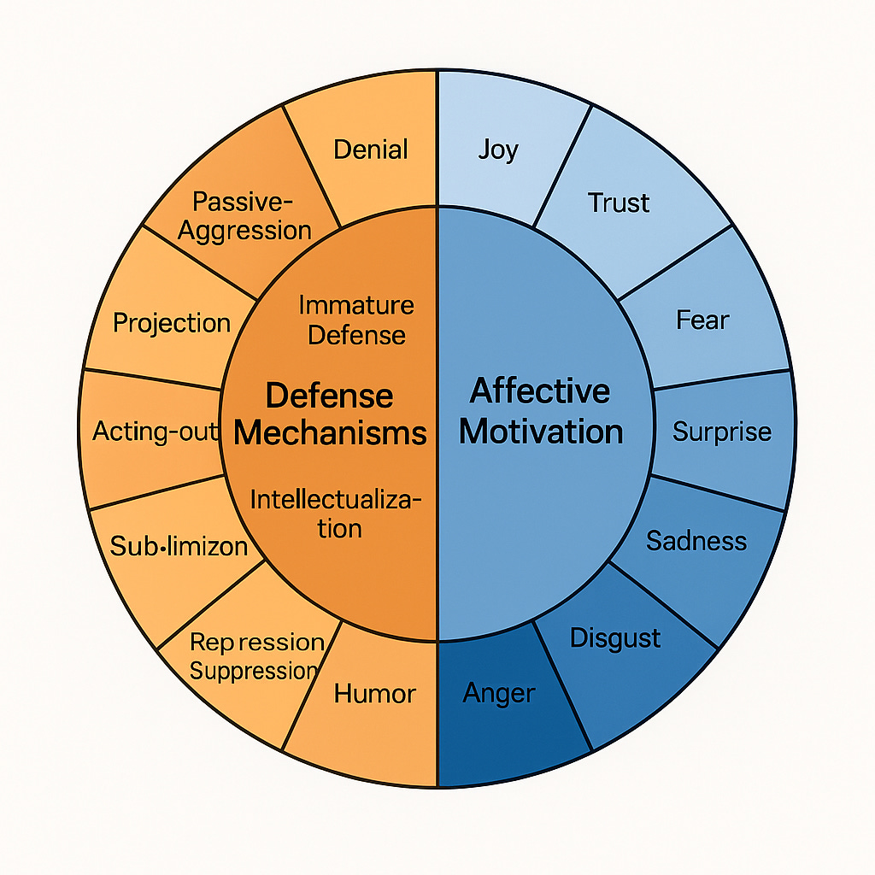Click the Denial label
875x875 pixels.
(371, 150)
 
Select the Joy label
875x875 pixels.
(498, 150)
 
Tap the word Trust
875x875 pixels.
(619, 203)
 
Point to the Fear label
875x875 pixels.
(702, 320)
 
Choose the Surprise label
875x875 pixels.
(721, 432)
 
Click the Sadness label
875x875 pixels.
(696, 540)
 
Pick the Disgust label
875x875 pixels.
(614, 637)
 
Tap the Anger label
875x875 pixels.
(498, 692)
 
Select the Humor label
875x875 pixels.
(374, 693)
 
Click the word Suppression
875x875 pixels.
(253, 671)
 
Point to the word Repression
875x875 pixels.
(256, 642)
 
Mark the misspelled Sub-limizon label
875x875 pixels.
(179, 546)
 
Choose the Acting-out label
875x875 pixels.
(155, 432)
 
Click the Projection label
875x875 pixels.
(172, 323)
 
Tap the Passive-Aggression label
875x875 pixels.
(244, 215)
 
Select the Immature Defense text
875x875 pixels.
(356, 319)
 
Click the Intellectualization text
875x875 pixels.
(335, 513)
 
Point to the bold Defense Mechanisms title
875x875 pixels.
(330, 414)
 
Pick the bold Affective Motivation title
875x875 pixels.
(540, 411)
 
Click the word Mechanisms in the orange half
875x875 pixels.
(330, 432)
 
